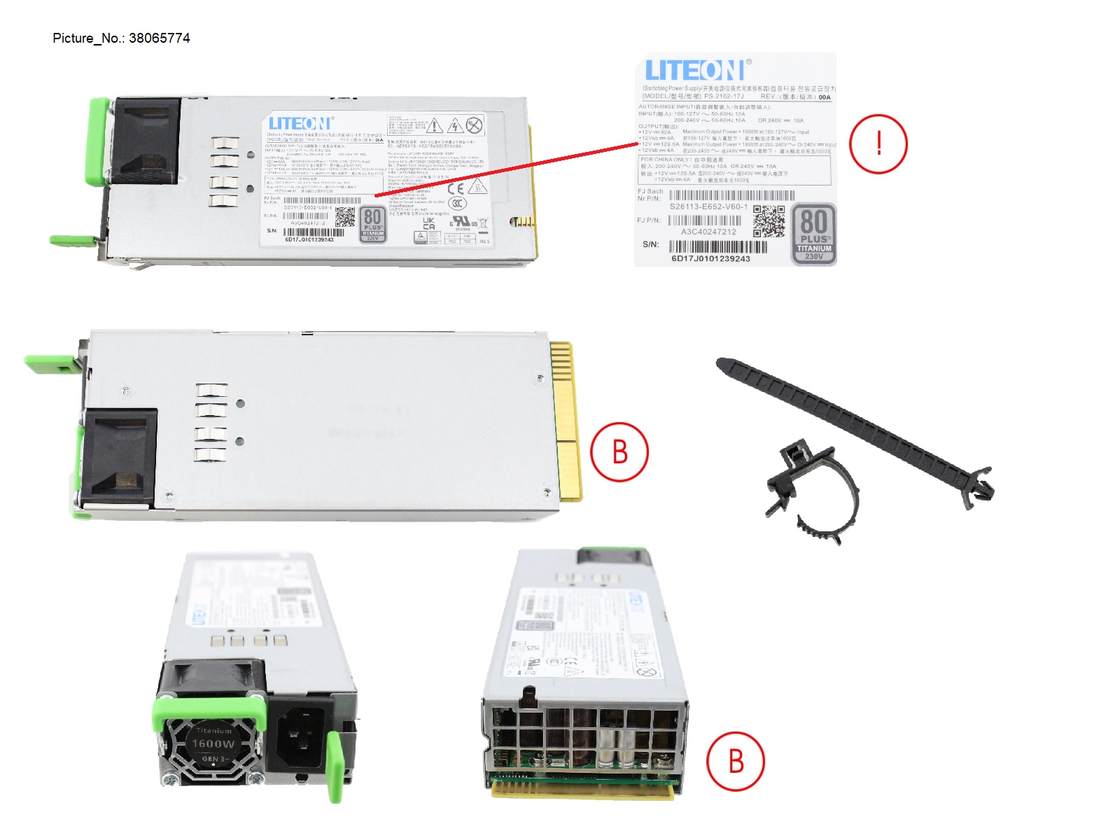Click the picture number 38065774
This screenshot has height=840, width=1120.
[159, 38]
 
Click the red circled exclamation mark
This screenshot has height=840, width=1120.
[878, 143]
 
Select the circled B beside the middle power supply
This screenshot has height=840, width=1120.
[619, 451]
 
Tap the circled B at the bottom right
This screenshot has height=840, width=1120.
[735, 761]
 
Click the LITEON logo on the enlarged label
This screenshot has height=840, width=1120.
[694, 71]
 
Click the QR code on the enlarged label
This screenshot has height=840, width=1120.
[769, 222]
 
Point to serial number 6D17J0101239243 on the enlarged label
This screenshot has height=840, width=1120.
[710, 258]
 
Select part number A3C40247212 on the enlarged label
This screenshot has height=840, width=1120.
[708, 232]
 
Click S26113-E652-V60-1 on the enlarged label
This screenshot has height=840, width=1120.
[708, 206]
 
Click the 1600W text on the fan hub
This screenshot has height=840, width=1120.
[213, 743]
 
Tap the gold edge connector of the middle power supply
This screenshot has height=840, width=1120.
[566, 420]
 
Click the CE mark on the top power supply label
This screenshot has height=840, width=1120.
[455, 188]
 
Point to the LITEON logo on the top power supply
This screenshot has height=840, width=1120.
[300, 124]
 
